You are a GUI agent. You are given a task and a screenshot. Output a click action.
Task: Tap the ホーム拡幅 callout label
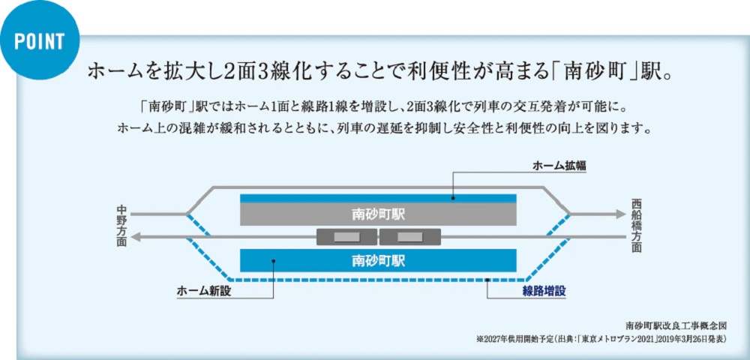[x=559, y=166]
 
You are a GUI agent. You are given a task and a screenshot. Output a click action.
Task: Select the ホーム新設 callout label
[x=203, y=291]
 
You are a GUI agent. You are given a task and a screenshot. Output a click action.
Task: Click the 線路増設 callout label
[x=544, y=291]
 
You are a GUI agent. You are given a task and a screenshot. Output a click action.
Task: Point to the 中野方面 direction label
[x=122, y=225]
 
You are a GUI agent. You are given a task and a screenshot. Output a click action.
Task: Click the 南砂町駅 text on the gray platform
[x=378, y=214]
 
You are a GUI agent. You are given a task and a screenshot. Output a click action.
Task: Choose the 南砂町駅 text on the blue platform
[x=378, y=261]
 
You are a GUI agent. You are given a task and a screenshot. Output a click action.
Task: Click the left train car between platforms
[x=346, y=237]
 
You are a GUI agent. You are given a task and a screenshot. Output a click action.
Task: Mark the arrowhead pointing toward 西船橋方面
[x=620, y=214]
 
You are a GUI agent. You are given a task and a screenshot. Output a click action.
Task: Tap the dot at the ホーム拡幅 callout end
[x=454, y=198]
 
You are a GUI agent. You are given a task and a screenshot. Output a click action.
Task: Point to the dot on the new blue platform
[x=274, y=262]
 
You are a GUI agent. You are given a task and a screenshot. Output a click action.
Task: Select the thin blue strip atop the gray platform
[x=378, y=198]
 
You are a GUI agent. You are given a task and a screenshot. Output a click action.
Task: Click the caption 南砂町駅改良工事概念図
[x=676, y=326]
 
